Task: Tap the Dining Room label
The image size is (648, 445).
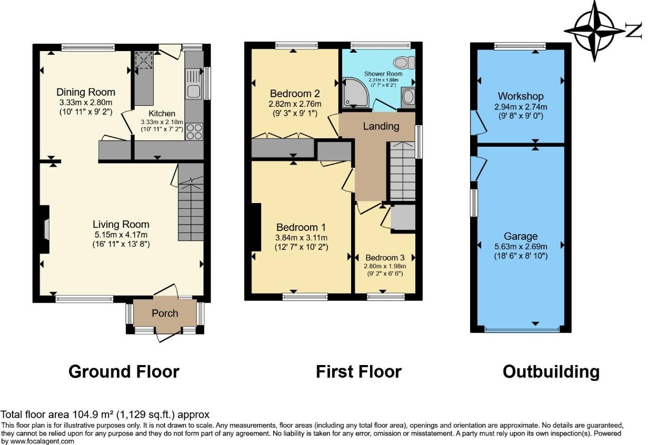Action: [x=86, y=93]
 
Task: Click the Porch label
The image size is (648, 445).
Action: [x=165, y=313]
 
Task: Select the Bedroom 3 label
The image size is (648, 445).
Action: [x=385, y=258]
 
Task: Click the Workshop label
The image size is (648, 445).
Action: [x=520, y=96]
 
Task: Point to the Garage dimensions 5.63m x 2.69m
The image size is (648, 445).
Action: [x=520, y=246]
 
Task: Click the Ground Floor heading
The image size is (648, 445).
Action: [x=124, y=372]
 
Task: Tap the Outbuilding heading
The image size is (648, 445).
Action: [x=551, y=372]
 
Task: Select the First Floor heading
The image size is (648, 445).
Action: [x=358, y=372]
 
